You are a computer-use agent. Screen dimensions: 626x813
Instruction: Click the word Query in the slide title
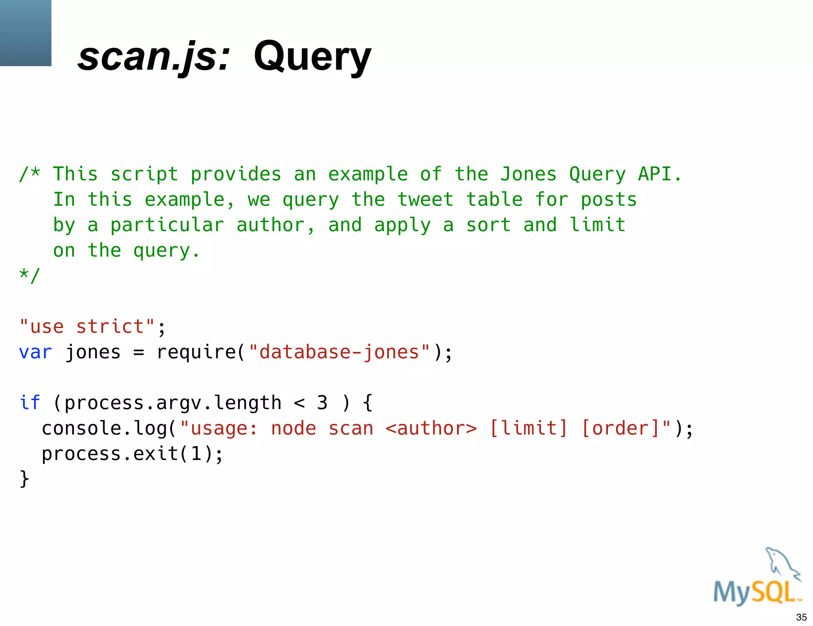(312, 57)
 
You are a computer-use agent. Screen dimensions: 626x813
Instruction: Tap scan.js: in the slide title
(154, 57)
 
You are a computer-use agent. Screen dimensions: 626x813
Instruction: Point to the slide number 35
(801, 617)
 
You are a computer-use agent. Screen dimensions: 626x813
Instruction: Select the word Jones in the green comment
(528, 174)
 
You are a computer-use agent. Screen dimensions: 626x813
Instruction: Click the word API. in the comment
(659, 174)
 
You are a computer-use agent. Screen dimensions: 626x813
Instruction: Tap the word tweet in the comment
(425, 199)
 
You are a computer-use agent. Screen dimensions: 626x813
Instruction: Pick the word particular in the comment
(167, 225)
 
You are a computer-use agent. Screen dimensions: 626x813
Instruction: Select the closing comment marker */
(30, 275)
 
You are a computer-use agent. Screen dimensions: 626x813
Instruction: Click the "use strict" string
(87, 327)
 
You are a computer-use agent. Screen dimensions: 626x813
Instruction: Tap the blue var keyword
(35, 352)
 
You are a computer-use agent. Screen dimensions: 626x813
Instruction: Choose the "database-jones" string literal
(339, 352)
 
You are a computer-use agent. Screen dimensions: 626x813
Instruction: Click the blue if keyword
(30, 403)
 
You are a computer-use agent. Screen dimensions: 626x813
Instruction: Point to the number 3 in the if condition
(322, 403)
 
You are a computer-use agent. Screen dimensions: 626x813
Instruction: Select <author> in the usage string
(431, 428)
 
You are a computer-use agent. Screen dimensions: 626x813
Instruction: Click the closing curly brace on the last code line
(24, 479)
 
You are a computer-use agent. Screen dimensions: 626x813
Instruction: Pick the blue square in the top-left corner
(25, 33)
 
